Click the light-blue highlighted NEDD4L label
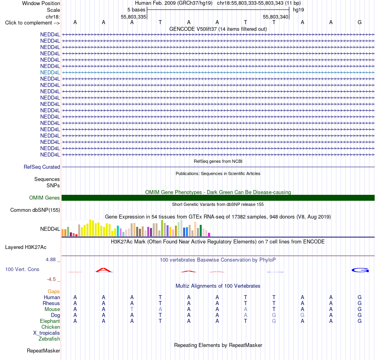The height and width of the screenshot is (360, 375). click(50, 73)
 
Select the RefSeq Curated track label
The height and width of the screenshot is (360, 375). click(42, 167)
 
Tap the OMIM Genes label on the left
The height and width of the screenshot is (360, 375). click(45, 198)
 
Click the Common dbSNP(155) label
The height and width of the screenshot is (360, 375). click(35, 210)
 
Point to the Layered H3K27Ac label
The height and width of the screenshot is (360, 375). click(26, 247)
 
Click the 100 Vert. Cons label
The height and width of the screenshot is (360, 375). click(22, 269)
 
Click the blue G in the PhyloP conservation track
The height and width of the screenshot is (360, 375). click(360, 270)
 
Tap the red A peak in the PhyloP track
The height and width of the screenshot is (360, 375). click(103, 270)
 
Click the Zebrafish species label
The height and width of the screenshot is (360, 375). click(49, 339)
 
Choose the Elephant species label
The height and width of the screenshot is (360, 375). click(50, 321)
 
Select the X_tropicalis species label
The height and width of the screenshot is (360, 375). click(47, 333)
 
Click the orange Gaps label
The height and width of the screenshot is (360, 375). click(54, 292)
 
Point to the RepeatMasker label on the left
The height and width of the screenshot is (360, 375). click(43, 351)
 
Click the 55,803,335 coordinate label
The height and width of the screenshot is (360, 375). click(133, 17)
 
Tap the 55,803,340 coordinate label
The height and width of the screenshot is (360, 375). click(276, 17)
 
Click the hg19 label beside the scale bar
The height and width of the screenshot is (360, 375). click(298, 10)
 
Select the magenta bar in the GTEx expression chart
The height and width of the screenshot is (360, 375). click(209, 235)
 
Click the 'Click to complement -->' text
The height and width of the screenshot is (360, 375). click(32, 23)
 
